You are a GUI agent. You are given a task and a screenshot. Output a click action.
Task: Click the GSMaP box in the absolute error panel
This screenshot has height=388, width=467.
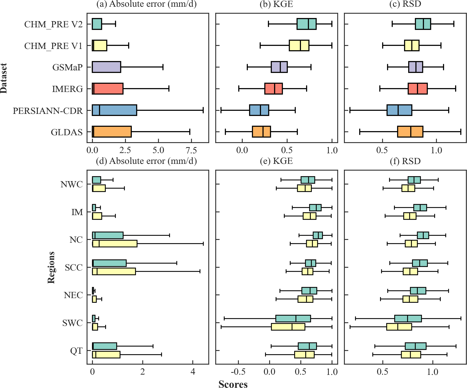point(106,67)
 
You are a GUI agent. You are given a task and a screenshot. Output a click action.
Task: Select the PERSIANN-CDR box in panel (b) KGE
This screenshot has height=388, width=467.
point(259,110)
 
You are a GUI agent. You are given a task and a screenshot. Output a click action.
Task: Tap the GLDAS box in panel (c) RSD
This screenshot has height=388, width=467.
point(410,132)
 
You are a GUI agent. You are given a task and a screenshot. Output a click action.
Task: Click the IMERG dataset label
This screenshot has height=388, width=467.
point(68,89)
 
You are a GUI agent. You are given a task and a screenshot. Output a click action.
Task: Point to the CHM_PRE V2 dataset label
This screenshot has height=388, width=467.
point(53,24)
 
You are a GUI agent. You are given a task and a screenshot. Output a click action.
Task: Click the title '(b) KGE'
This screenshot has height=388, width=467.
point(276,4)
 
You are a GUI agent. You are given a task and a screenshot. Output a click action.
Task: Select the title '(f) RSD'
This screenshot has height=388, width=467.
point(405,161)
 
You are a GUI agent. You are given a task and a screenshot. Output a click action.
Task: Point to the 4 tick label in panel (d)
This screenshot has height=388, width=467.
point(193,372)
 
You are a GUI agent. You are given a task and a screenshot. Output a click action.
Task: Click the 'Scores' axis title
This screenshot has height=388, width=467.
point(233,384)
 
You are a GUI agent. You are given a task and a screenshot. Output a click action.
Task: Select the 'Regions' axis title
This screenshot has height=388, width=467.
point(51,267)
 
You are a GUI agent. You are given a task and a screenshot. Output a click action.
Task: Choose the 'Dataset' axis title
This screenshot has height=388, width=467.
point(4,78)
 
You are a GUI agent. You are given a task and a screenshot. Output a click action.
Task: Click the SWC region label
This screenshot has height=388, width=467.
point(72,323)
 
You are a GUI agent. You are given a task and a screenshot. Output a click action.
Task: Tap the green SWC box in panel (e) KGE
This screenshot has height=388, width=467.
point(293,318)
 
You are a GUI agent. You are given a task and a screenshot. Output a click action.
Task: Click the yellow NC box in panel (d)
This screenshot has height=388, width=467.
point(115,243)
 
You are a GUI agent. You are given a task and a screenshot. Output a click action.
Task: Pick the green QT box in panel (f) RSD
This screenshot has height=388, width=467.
point(415,346)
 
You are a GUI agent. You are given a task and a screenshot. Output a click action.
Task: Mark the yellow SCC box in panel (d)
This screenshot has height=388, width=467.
point(114,271)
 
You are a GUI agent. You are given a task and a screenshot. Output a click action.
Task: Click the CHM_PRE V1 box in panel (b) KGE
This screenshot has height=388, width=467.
point(299,46)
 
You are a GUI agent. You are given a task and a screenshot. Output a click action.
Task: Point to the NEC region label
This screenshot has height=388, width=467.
point(73,295)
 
